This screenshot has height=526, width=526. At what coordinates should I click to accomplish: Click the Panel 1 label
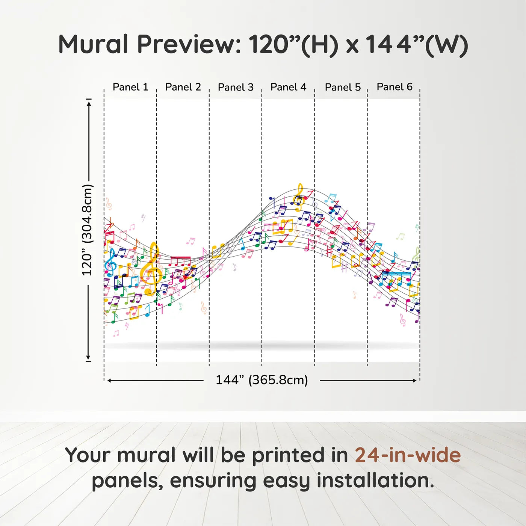pyautogui.click(x=130, y=87)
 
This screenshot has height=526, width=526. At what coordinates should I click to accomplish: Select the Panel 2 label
pyautogui.click(x=183, y=87)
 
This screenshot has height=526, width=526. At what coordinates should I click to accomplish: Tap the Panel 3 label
pyautogui.click(x=236, y=87)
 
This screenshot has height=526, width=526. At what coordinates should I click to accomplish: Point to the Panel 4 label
pyautogui.click(x=289, y=87)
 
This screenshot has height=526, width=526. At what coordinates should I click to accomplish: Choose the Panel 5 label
pyautogui.click(x=343, y=87)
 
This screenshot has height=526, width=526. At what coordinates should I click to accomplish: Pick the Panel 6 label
pyautogui.click(x=395, y=87)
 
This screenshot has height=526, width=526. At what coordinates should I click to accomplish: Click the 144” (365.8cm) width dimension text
pyautogui.click(x=262, y=380)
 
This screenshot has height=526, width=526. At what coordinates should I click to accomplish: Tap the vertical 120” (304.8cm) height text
pyautogui.click(x=88, y=230)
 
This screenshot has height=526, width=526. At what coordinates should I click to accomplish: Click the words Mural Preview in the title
pyautogui.click(x=150, y=44)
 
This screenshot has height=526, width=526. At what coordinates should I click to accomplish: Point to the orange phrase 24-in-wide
pyautogui.click(x=408, y=455)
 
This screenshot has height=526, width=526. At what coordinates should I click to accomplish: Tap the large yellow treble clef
pyautogui.click(x=150, y=269)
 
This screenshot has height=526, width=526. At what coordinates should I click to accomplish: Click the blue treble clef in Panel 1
pyautogui.click(x=110, y=263)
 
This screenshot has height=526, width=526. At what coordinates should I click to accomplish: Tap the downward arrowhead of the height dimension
pyautogui.click(x=88, y=358)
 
